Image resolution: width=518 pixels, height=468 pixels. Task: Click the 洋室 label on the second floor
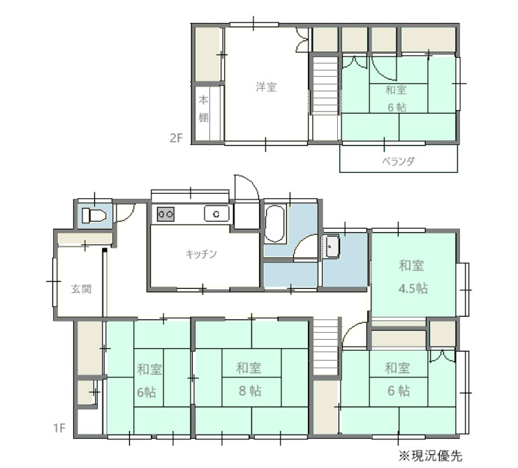[265, 87]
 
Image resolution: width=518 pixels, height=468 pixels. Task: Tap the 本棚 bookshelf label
[203, 109]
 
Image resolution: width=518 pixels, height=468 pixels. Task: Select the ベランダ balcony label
[399, 160]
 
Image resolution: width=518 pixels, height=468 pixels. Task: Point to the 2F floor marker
[176, 137]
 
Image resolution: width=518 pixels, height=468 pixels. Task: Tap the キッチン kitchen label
[201, 254]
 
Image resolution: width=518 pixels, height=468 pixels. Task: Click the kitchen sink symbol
[216, 213]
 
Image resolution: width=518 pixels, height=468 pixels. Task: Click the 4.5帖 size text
[413, 288]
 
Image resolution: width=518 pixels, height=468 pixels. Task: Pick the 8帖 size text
[249, 391]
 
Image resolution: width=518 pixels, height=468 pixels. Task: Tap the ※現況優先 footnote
[430, 456]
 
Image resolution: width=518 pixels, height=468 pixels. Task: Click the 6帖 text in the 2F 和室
[397, 107]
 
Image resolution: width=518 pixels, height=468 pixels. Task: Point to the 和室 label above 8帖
[249, 368]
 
